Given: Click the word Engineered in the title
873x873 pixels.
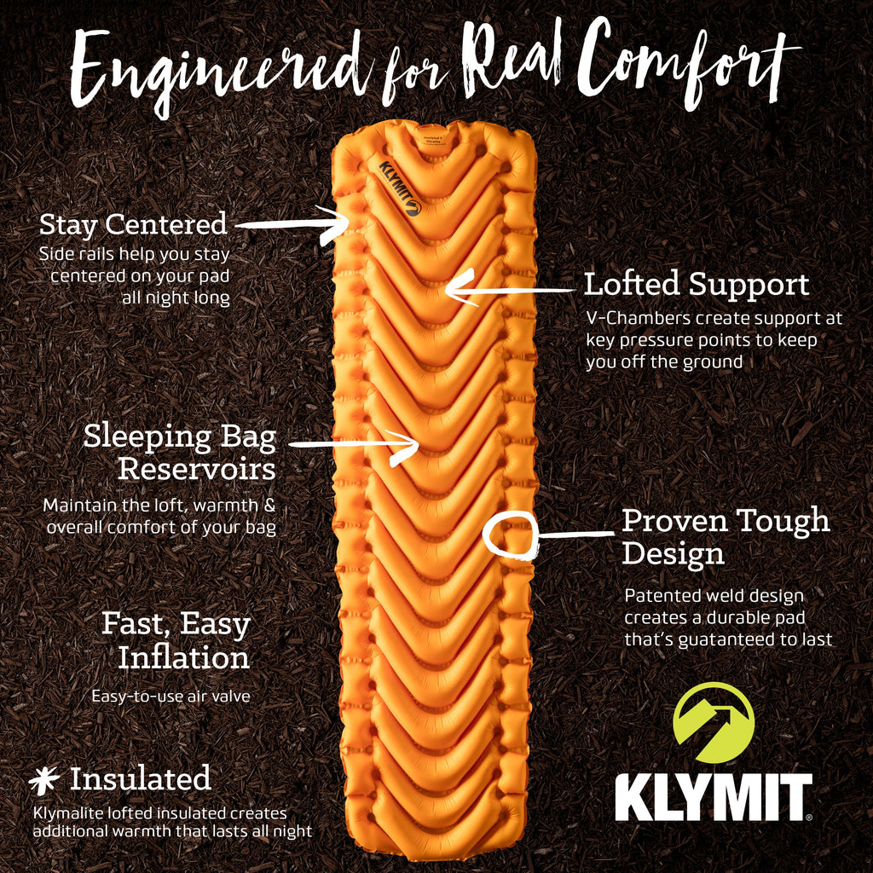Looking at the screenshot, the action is tap(220, 72).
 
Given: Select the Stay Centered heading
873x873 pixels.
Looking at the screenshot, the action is tap(133, 224).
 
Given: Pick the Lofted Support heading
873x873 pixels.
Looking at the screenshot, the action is tap(696, 284).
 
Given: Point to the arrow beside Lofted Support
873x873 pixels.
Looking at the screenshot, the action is tap(510, 290).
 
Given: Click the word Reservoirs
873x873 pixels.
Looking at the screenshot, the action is tap(197, 469).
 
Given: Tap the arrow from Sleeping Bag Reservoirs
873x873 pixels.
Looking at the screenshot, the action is tap(354, 444).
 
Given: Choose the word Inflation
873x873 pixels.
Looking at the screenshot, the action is tap(184, 657).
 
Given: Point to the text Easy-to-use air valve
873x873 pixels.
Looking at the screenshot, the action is tap(171, 696).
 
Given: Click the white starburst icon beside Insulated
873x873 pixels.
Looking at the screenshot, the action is tap(44, 780).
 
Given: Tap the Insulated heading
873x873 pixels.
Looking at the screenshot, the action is tap(141, 778).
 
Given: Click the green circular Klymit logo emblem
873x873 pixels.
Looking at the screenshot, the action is tap(714, 722).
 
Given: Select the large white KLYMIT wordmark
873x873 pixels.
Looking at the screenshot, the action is tap(714, 797).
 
